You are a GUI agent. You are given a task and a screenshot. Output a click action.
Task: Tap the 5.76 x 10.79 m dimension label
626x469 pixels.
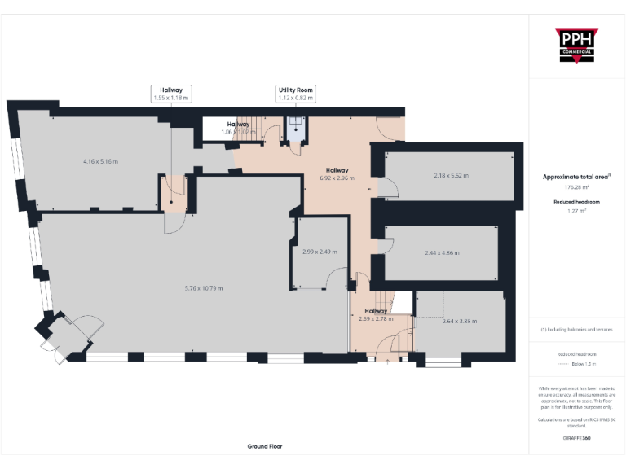[x=204, y=288]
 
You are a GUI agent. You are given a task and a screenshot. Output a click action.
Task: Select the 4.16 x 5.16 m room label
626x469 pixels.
[x=100, y=161]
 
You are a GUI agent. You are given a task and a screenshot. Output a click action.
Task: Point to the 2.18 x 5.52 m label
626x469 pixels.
[x=451, y=175]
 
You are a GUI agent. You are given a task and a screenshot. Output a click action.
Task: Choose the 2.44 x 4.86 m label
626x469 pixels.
[x=442, y=252]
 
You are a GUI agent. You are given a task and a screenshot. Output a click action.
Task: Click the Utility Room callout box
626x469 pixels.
[x=295, y=94]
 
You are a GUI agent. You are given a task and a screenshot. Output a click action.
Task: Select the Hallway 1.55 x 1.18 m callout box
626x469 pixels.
[x=170, y=94]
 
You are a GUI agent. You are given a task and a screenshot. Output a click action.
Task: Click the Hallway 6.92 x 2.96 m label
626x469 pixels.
[x=337, y=173]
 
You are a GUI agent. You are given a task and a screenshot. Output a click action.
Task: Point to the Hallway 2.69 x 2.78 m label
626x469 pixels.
[x=376, y=314]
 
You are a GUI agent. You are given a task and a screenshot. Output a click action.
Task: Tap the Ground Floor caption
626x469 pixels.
[x=265, y=446]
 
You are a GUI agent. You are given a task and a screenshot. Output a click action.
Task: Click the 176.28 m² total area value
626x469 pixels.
[x=576, y=186]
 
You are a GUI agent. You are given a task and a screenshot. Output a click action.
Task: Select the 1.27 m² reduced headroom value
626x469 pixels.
[x=576, y=210]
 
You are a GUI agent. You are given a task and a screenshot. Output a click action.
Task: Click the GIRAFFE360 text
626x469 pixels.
[x=576, y=438]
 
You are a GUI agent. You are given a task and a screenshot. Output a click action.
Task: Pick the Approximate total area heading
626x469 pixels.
[x=576, y=177]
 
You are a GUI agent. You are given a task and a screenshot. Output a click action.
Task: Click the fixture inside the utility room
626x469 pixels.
[x=295, y=127]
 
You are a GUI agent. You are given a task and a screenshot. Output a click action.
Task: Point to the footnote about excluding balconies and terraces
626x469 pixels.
[x=576, y=330]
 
